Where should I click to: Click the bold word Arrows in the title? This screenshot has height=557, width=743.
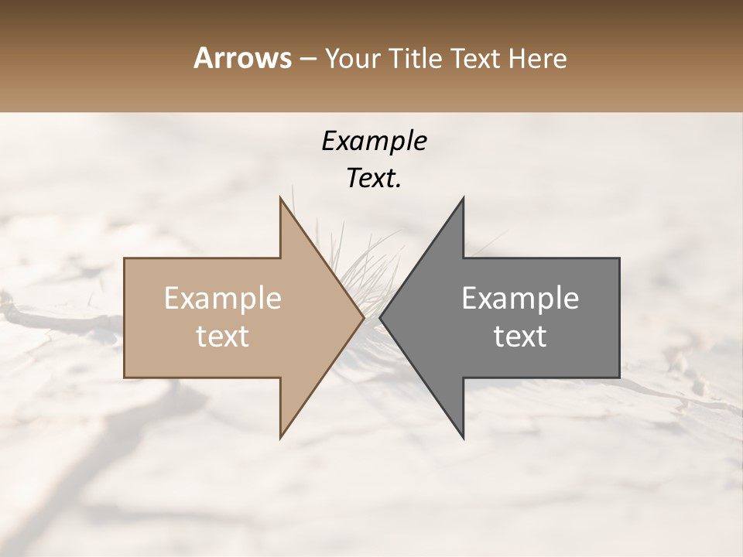click(x=242, y=58)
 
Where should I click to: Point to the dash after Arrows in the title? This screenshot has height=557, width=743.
click(x=308, y=60)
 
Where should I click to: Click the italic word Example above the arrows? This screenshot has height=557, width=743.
click(x=374, y=142)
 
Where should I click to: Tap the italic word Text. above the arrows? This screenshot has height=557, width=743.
click(x=374, y=179)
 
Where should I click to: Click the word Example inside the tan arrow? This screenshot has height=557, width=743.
click(x=223, y=299)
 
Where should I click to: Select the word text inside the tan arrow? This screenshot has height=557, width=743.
click(x=223, y=337)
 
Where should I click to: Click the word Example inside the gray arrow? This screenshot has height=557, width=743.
click(x=520, y=299)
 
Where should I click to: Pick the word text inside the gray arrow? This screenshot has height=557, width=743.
click(x=520, y=337)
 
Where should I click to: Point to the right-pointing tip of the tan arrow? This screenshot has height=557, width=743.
click(x=363, y=317)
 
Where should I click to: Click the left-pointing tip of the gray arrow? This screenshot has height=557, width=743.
click(x=380, y=317)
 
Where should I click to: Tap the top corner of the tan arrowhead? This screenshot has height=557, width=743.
click(x=280, y=198)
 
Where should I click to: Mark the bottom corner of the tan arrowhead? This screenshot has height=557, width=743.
click(x=280, y=438)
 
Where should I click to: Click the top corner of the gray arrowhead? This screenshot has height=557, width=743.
click(x=463, y=198)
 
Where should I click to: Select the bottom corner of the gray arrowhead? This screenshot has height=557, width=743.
click(x=463, y=438)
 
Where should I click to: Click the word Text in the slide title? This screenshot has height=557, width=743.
click(x=472, y=59)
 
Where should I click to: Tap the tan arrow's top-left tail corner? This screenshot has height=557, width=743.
click(x=125, y=258)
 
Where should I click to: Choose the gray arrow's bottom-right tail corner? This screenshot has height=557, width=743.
click(x=619, y=378)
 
